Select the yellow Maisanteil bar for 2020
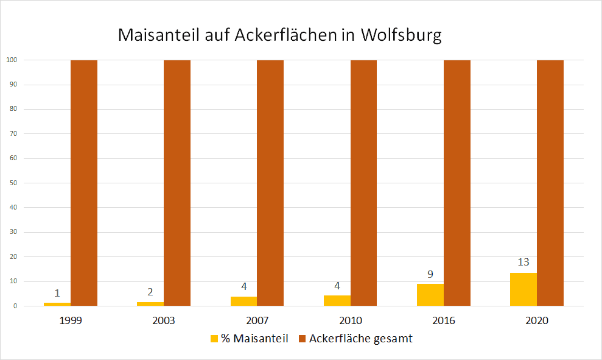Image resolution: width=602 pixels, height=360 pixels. click(523, 289)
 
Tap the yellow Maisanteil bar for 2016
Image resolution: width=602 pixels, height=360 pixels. click(430, 295)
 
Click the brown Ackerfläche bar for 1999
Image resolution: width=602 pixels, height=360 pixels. click(84, 183)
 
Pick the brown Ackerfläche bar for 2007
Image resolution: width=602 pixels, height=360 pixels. click(270, 183)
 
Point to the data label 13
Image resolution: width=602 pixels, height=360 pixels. click(523, 263)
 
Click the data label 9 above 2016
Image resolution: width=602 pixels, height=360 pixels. click(430, 274)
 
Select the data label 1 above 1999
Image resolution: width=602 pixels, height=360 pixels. click(58, 293)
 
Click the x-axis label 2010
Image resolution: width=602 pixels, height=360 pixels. click(351, 320)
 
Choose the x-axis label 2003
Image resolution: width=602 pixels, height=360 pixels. click(164, 320)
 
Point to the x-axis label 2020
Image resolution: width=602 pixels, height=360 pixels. click(537, 320)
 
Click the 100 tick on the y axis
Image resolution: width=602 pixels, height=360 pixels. click(12, 60)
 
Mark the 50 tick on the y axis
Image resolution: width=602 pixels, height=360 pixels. click(13, 183)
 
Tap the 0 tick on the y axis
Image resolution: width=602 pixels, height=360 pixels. click(15, 306)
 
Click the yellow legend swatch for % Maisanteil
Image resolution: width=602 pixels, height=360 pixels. click(214, 339)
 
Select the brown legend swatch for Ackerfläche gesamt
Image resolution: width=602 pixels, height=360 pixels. click(301, 339)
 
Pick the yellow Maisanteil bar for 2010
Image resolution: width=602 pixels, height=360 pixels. click(337, 300)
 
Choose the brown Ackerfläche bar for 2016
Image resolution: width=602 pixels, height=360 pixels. click(457, 183)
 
